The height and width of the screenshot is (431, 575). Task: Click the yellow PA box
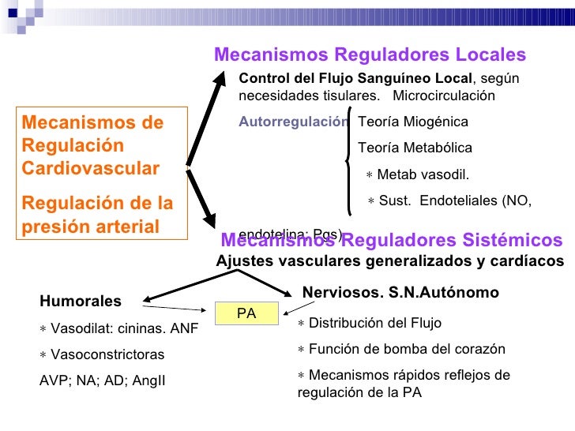click(x=246, y=313)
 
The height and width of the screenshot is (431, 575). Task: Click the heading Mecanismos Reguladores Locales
click(x=370, y=54)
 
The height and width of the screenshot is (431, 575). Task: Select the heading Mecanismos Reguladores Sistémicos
click(x=392, y=241)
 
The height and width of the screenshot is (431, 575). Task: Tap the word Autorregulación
click(x=293, y=122)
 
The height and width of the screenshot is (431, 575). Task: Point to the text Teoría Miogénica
click(x=412, y=122)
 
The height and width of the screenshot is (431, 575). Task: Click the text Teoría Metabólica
click(x=415, y=148)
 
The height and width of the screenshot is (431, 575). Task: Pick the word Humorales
click(x=81, y=301)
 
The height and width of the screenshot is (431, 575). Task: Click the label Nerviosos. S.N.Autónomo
click(x=401, y=293)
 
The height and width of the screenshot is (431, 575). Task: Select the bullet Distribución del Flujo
click(x=370, y=323)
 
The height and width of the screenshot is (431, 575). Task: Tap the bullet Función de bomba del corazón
click(x=401, y=349)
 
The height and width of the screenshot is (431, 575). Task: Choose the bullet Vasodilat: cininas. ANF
click(x=119, y=328)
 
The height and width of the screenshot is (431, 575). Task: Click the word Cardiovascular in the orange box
click(x=90, y=169)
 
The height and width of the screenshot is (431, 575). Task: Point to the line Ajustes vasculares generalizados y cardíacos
click(x=390, y=261)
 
